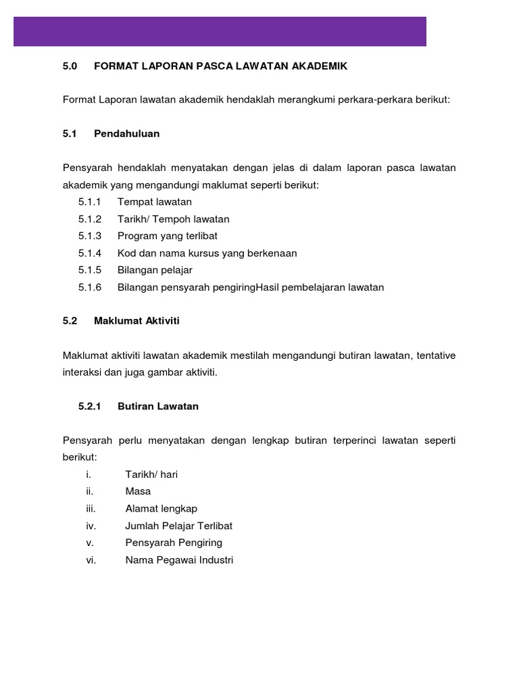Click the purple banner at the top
point(220,31)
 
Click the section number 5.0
point(70,66)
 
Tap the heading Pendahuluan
point(127,133)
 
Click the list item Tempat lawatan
point(155,201)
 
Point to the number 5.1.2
point(89,219)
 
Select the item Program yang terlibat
point(168,236)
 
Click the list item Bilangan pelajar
point(155,270)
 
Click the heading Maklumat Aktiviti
point(137,321)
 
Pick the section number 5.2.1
point(89,406)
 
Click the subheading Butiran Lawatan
point(158,406)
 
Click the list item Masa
point(138,491)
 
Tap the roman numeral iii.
point(91,508)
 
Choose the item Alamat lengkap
point(162,508)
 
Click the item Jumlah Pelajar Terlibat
point(179,525)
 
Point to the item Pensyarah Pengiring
point(174,543)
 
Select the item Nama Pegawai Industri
point(179,560)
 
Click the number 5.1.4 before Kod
point(89,253)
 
